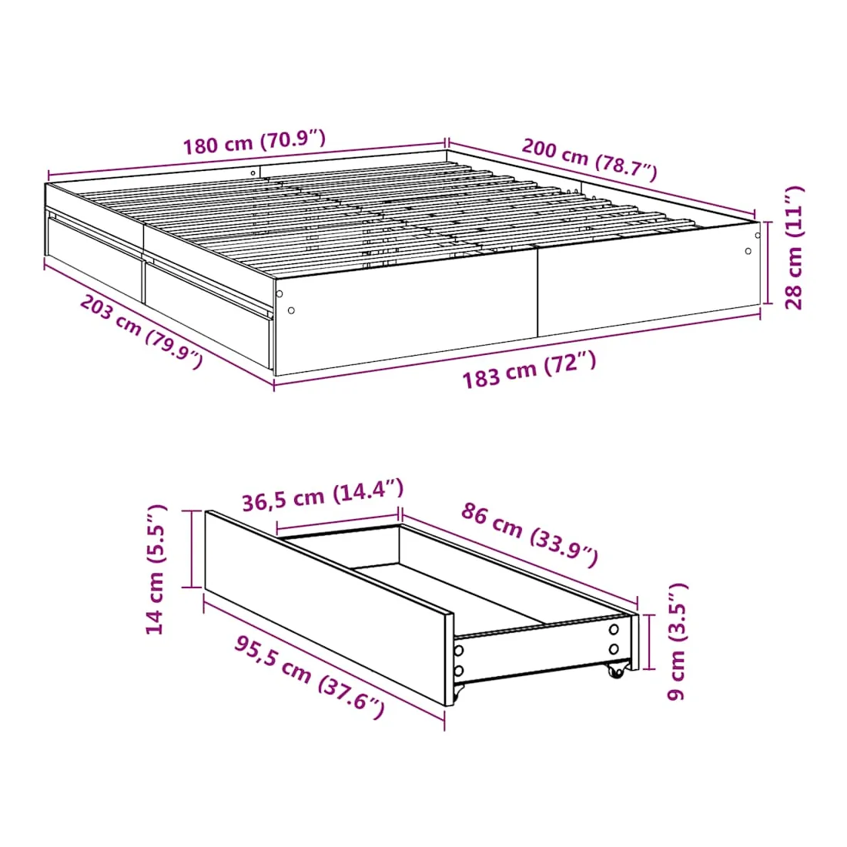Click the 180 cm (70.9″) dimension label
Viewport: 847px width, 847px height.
tap(254, 142)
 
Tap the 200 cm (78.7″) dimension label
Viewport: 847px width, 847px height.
tap(589, 159)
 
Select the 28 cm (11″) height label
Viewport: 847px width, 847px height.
tap(794, 247)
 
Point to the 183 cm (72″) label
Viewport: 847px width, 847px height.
tap(530, 370)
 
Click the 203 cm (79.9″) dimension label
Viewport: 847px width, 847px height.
tap(142, 331)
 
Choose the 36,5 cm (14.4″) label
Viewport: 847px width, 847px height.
tap(323, 495)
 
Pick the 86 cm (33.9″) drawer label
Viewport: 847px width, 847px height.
tap(530, 534)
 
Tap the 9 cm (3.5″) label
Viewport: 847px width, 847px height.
tap(676, 641)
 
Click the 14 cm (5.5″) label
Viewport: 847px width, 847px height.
tap(156, 569)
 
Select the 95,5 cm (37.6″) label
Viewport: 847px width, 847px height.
tap(310, 677)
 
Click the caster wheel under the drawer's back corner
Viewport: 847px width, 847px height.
tap(615, 671)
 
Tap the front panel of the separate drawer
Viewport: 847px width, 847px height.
tap(329, 608)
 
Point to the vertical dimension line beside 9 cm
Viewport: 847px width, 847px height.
tap(649, 641)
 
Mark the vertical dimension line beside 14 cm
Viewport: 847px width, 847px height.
tap(192, 548)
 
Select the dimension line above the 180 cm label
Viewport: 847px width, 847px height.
tap(246, 159)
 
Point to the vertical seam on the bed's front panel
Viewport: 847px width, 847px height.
tap(537, 292)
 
